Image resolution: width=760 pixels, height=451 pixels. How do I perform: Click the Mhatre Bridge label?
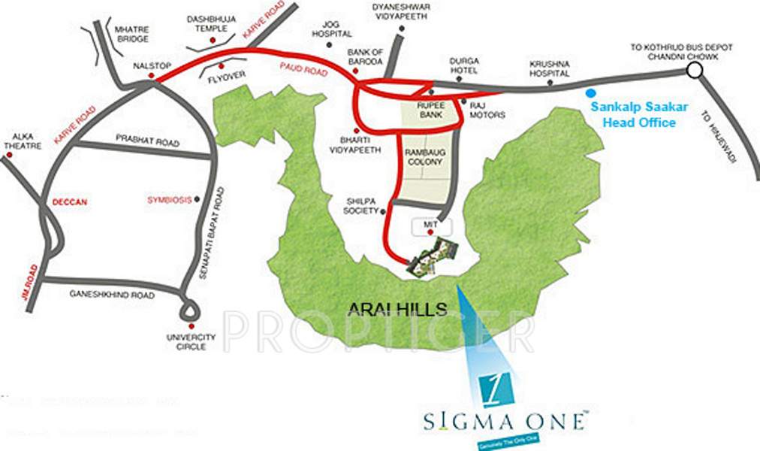click(x=129, y=34)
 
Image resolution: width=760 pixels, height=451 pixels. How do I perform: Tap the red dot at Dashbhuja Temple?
click(x=213, y=39)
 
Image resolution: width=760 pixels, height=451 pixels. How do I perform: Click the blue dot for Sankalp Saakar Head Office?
click(x=588, y=94)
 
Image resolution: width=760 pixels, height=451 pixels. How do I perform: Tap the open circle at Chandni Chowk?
click(x=695, y=71)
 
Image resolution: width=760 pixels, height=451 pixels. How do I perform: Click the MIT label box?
click(x=433, y=224)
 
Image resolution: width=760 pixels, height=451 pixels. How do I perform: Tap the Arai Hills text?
click(x=398, y=308)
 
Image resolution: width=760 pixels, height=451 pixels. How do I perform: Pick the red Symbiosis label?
click(x=169, y=200)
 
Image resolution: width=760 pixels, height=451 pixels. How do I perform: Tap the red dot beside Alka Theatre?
click(x=9, y=156)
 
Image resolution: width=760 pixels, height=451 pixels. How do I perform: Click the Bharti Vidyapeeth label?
click(x=355, y=146)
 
